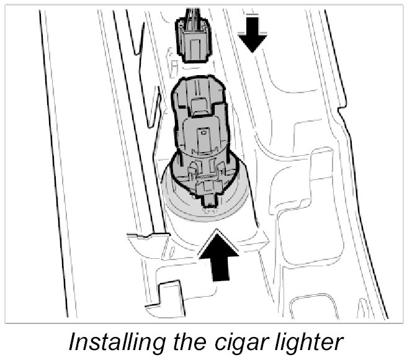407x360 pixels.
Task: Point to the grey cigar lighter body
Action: (x=202, y=137)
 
